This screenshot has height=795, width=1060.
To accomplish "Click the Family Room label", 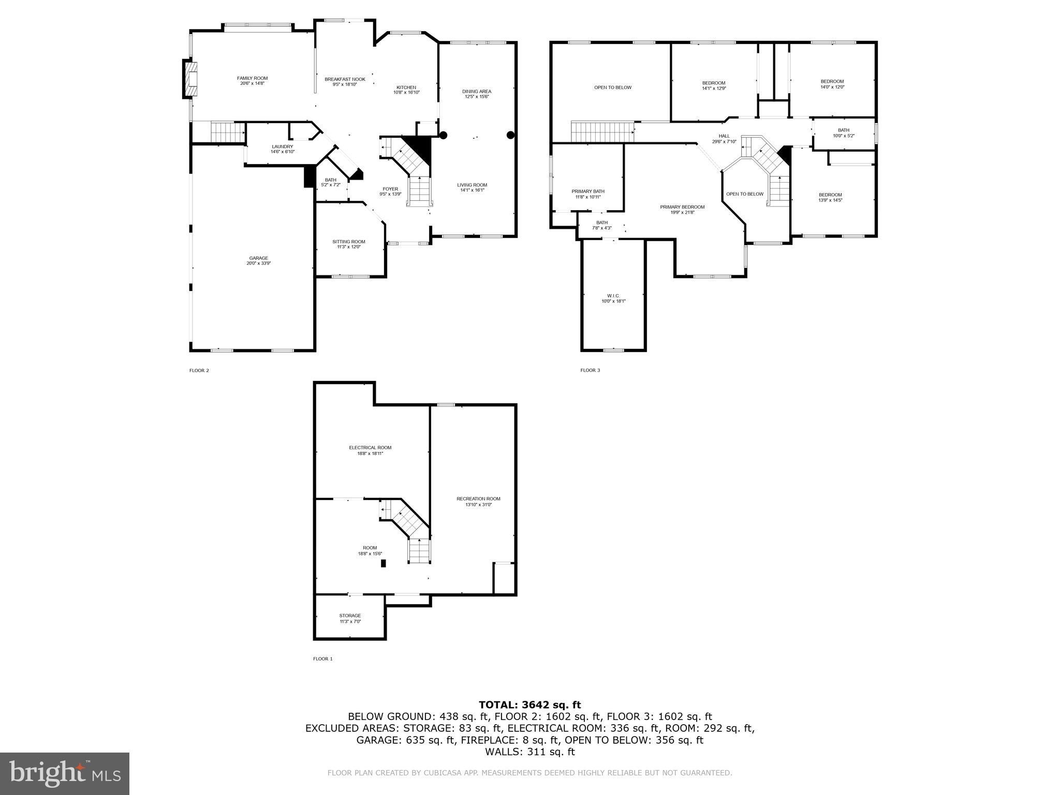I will point(252,78).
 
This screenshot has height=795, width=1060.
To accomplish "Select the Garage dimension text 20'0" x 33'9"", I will point(258,263).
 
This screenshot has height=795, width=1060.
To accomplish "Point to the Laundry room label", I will point(282,146).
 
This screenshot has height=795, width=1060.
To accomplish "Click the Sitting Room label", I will point(348,242).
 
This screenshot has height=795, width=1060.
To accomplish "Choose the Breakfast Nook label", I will point(345,79).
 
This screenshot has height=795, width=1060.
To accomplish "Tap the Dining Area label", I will point(476,92).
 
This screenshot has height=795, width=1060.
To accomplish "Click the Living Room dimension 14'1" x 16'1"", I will point(472,190).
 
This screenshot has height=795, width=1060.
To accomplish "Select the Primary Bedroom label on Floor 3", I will point(682,207).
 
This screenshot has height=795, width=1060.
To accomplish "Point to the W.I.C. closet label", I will point(613,296).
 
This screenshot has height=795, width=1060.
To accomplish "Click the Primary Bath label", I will point(587,192).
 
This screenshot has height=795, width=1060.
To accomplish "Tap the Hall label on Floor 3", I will point(724,136).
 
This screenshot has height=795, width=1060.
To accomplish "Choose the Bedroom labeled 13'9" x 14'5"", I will point(830,197).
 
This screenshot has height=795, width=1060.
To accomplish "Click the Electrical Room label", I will point(370,448).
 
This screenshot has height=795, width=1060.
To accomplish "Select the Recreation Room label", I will point(478,499).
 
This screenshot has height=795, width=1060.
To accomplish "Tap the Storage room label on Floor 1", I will point(350,616).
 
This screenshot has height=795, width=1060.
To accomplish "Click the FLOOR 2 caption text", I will point(199,371).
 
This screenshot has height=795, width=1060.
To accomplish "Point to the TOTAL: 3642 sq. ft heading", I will point(529,705).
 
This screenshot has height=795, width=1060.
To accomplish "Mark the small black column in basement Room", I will point(384,564).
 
